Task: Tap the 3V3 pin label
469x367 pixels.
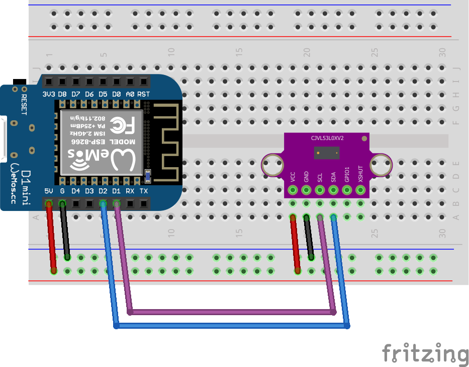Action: coord(49,94)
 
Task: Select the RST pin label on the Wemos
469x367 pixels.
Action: coord(144,94)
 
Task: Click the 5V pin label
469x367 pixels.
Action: coord(49,191)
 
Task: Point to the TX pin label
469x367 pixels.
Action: coord(144,191)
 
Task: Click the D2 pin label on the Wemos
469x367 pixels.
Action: coord(103,191)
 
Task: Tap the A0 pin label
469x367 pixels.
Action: coord(130,94)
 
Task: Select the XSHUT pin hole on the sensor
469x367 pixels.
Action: coord(360,190)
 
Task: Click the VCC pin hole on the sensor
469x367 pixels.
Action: coord(293,190)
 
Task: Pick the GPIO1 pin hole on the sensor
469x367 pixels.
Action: coord(347,190)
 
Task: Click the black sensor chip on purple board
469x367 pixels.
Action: coord(326,152)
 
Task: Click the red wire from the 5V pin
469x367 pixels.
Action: coord(51,237)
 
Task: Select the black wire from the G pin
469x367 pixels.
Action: coord(65,232)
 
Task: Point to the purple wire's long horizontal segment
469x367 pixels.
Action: coord(231,312)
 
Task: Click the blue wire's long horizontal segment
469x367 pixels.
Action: coord(231,326)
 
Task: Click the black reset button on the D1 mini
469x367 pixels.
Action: coord(20,81)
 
